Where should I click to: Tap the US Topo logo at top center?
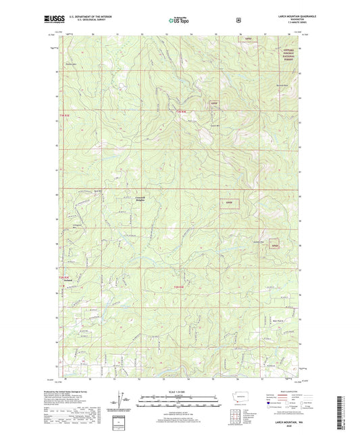(x=179, y=21)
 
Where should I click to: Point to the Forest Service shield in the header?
(x=238, y=21)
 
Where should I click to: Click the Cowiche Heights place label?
(x=136, y=199)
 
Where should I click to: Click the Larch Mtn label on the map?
(x=213, y=126)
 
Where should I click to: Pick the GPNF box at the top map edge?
(x=249, y=40)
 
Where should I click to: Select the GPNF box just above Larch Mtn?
(x=215, y=103)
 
